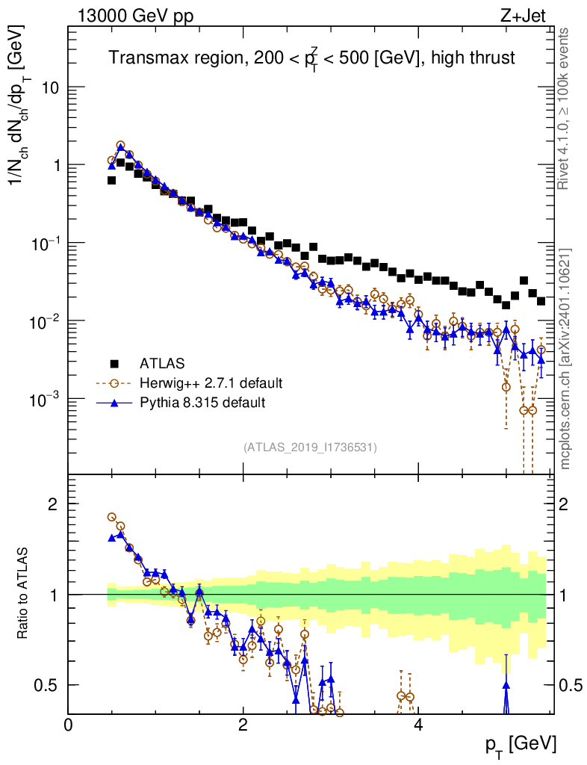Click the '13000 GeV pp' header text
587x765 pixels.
coord(134,16)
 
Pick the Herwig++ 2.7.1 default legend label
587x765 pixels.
coord(211,383)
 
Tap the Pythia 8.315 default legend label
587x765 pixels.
coord(202,403)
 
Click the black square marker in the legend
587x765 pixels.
coord(115,364)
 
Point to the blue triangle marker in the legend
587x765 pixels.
coord(115,403)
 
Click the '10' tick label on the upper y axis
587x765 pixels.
coord(51,87)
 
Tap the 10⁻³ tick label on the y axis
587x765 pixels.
coord(46,399)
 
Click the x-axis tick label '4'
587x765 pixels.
coord(418,725)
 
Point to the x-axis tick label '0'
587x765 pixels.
coord(69,725)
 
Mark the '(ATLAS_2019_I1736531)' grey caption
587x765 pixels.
coord(310,447)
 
